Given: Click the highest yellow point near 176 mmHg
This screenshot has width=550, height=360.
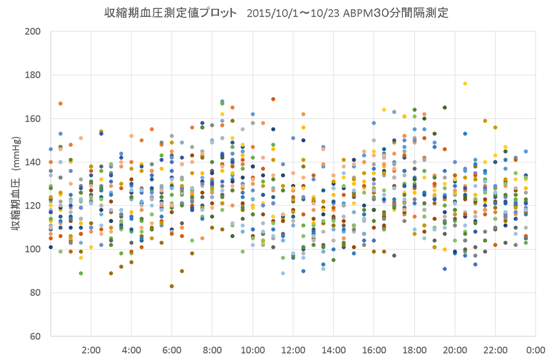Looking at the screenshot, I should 465,83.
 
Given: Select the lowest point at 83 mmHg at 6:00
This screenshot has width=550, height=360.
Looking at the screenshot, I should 172,286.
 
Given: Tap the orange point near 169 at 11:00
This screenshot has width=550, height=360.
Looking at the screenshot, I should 273,99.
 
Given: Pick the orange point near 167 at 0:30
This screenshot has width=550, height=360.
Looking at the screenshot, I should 61,103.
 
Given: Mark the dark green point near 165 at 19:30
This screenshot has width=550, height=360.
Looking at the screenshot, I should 445,107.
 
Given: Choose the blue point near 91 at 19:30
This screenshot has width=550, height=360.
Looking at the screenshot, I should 445,269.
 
